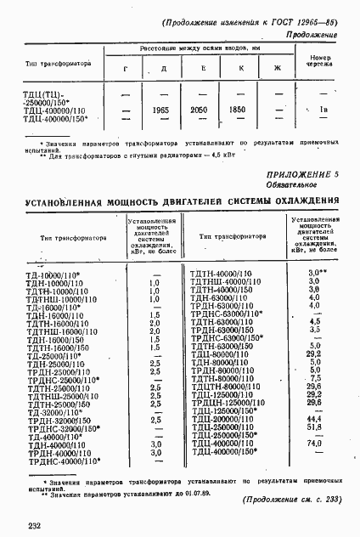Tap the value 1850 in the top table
point(240,110)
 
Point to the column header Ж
point(276,67)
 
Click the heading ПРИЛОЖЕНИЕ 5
point(301,197)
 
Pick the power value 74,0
point(314,444)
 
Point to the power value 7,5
point(314,378)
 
